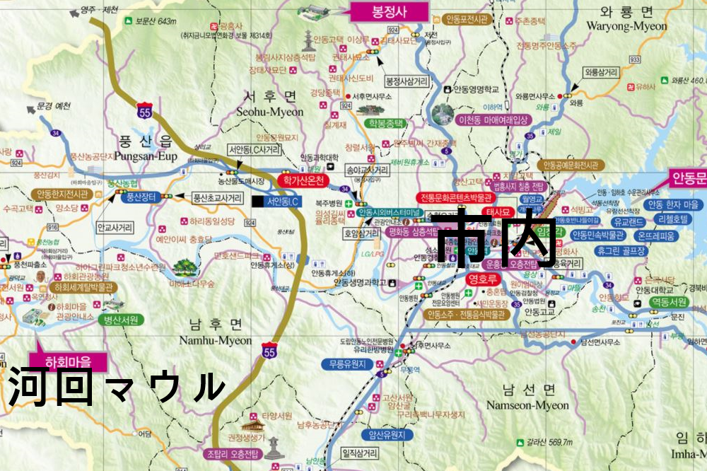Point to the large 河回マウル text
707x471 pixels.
click(x=117, y=386)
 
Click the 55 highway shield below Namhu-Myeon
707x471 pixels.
click(x=269, y=351)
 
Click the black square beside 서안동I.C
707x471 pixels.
click(x=256, y=202)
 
